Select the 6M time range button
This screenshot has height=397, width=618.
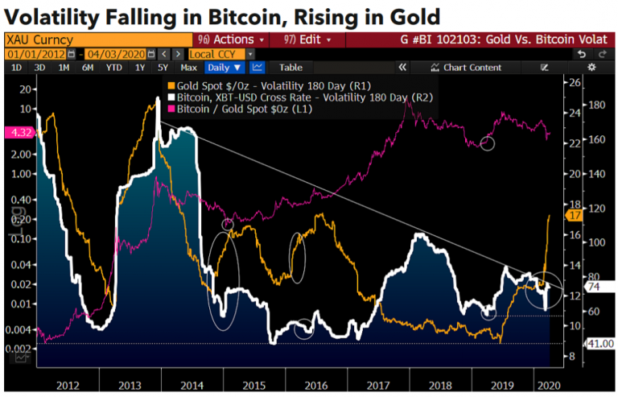[x=87, y=68]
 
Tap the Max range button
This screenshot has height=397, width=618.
[x=189, y=68]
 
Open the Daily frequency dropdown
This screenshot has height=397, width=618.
[x=225, y=68]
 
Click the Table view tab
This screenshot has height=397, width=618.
[x=290, y=68]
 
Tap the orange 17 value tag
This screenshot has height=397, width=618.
[x=575, y=215]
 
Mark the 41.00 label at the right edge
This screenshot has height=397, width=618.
[x=602, y=344]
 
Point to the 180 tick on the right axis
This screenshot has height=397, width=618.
[x=595, y=105]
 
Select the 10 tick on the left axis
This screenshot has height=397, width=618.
[x=26, y=108]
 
